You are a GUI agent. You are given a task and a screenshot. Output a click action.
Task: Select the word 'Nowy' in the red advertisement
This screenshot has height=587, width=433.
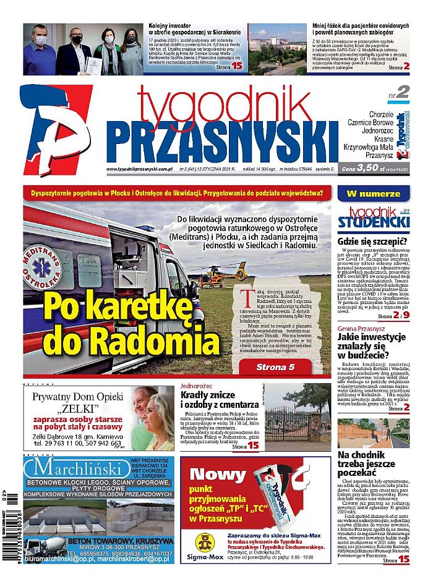218,475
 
